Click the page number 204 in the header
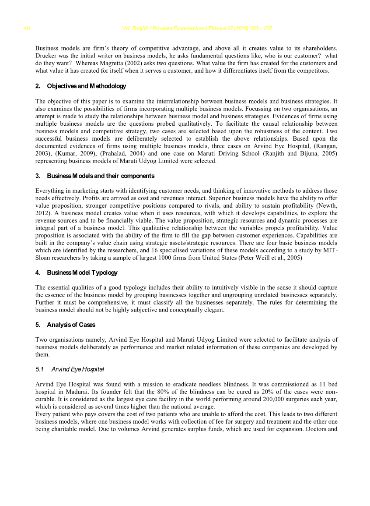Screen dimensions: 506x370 (x=26, y=29)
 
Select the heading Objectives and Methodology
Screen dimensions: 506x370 (x=86, y=86)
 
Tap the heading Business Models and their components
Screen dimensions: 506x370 (x=100, y=176)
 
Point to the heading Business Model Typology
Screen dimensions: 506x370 (x=82, y=272)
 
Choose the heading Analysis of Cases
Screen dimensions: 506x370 (x=71, y=325)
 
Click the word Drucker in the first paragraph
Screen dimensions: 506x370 (x=46, y=56)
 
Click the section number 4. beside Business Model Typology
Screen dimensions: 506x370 (x=38, y=272)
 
